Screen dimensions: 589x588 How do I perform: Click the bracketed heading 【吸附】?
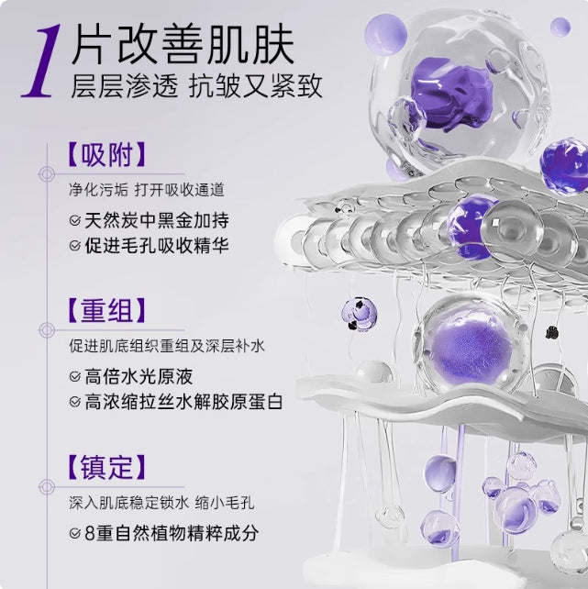click(106, 152)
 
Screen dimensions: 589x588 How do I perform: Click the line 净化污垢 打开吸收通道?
click(146, 190)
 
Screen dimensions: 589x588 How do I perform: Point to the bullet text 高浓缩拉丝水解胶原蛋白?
click(183, 402)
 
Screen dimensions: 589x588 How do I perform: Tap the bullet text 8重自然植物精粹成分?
click(172, 532)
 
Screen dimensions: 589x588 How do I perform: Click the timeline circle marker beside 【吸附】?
click(43, 172)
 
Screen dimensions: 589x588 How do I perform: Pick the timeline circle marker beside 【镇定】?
click(43, 486)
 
